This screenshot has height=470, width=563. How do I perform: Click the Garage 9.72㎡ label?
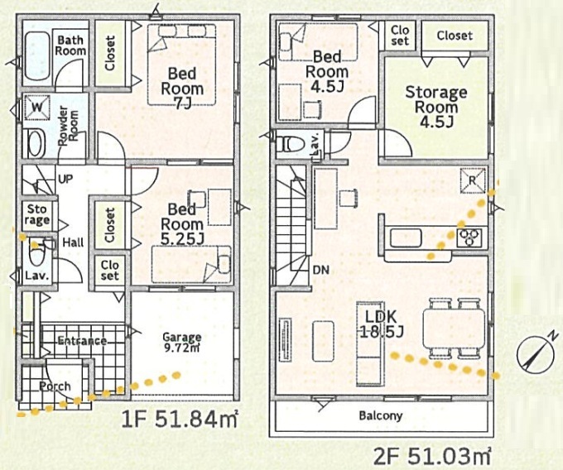[182, 343]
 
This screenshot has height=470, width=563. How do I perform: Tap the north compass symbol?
[533, 352]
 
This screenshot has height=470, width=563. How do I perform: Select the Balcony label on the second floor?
[381, 415]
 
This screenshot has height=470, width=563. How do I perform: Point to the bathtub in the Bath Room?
[38, 56]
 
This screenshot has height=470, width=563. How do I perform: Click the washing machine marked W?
[37, 108]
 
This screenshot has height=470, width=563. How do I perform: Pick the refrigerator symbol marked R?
[473, 180]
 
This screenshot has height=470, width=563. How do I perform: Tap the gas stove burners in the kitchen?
[469, 237]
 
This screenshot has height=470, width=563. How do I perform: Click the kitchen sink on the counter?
[406, 237]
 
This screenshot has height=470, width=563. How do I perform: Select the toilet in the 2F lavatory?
[289, 144]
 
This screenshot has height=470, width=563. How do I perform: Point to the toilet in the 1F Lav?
[36, 254]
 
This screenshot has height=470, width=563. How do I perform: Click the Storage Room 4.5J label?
[436, 107]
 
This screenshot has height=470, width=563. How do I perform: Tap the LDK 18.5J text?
[382, 324]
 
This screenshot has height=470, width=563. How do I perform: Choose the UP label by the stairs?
[65, 179]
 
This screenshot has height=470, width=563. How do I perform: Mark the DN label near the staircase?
[321, 270]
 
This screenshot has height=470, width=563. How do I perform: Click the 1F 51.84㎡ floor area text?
[180, 419]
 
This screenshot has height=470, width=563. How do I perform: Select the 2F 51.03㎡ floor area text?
[432, 455]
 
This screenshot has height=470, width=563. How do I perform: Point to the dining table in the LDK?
[455, 329]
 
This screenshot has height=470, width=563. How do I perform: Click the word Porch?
[55, 386]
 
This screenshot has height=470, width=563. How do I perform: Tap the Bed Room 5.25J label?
[182, 224]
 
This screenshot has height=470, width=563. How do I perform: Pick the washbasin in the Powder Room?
[36, 143]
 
